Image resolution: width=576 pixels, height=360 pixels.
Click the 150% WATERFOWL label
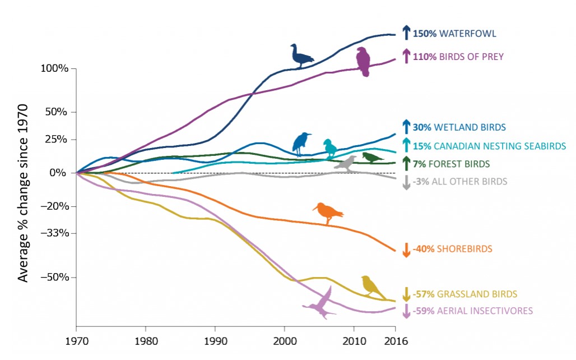454,34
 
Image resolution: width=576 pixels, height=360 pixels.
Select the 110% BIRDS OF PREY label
458,57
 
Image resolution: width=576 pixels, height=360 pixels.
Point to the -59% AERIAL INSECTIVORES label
472,311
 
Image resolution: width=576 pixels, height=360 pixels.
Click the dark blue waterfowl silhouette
301,56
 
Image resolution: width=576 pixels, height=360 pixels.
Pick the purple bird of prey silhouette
364,61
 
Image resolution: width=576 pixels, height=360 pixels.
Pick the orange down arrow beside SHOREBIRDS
407,250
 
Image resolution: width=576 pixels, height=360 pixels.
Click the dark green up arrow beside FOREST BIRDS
407,163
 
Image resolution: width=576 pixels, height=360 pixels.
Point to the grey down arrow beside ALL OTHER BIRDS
407,182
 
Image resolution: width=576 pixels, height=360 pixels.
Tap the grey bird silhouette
346,163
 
